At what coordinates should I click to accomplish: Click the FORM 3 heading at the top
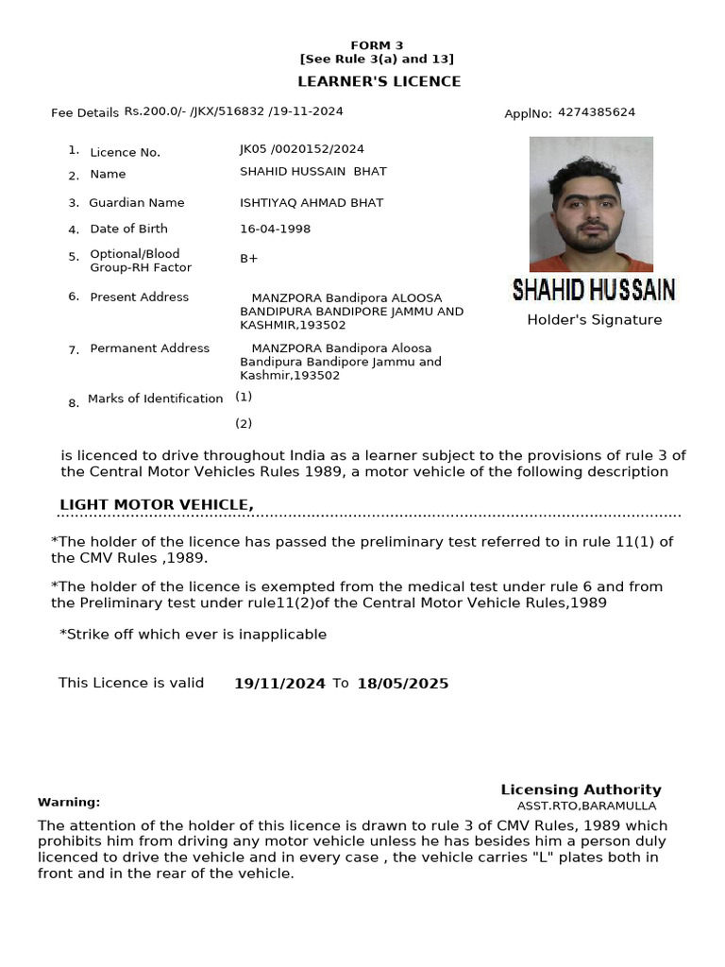[x=377, y=45]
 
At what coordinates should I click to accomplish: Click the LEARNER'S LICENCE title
[x=379, y=81]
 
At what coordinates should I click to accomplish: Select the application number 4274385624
[x=596, y=112]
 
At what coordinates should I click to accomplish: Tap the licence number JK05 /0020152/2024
[x=301, y=149]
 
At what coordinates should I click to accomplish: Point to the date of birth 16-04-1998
[x=275, y=229]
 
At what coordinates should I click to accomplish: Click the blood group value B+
[x=248, y=258]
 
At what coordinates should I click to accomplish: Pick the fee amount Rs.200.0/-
[x=155, y=111]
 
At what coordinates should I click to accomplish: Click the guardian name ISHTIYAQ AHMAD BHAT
[x=312, y=203]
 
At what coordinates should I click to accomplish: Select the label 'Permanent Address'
[x=149, y=348]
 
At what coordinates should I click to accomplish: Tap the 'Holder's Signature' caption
[x=594, y=320]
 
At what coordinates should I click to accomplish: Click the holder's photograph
[x=591, y=204]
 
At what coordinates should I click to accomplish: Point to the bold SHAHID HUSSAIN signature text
[x=593, y=289]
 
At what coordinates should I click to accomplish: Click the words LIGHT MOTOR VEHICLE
[x=156, y=505]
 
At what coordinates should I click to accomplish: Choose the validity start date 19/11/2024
[x=279, y=684]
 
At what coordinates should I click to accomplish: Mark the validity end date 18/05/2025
[x=402, y=684]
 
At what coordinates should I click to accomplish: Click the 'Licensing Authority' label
[x=581, y=789]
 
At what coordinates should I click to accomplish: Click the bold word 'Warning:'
[x=69, y=802]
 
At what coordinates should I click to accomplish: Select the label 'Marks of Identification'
[x=155, y=399]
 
